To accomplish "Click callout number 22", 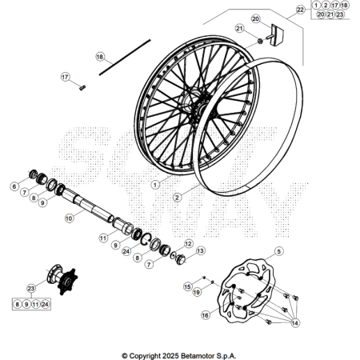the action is click(300, 10).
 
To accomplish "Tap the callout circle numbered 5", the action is click(278, 251).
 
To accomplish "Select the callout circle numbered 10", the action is click(69, 218).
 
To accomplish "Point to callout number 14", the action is click(294, 323).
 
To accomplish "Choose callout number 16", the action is click(205, 315).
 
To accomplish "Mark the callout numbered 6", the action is click(14, 186).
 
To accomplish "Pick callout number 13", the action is click(200, 250).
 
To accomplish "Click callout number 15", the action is click(188, 286).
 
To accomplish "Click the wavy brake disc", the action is click(246, 290).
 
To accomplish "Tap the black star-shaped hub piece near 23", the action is click(68, 282).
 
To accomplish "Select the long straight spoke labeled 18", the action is click(125, 58).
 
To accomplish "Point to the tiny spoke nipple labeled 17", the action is click(82, 88).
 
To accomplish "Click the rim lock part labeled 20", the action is click(276, 34).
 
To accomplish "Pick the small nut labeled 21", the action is click(260, 42).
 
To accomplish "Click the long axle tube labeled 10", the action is click(90, 206).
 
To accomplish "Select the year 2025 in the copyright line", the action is click(170, 356).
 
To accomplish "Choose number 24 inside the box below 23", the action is click(45, 304).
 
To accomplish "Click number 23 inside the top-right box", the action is click(340, 14).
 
